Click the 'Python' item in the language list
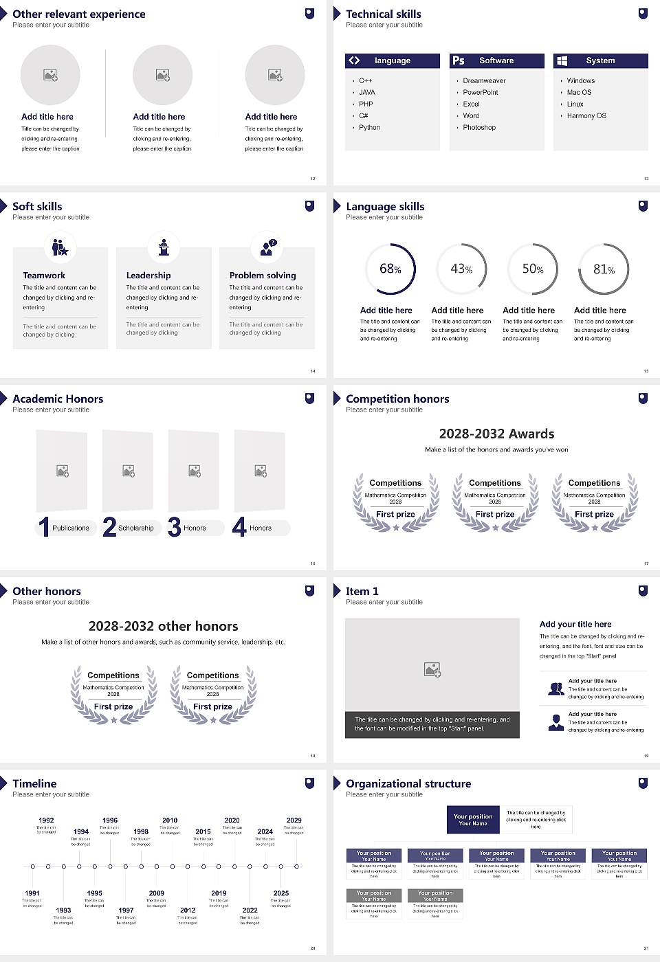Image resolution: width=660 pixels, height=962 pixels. click(369, 127)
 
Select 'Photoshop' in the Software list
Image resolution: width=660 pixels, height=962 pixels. click(479, 127)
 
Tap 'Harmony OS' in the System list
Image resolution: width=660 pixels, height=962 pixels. click(586, 115)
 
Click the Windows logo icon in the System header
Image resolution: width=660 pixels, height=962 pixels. click(562, 60)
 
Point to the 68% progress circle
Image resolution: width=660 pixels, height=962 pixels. click(390, 269)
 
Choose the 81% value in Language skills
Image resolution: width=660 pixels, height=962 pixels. click(604, 269)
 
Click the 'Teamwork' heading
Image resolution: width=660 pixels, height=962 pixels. click(44, 275)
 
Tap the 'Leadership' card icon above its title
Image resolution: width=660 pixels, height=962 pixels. click(164, 247)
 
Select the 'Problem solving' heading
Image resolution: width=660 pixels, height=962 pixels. click(263, 275)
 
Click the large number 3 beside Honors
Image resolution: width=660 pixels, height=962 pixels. click(174, 527)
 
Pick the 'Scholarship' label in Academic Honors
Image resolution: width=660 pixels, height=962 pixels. click(135, 528)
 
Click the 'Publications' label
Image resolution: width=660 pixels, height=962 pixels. click(71, 528)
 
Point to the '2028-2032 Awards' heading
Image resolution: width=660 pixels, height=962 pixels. click(496, 434)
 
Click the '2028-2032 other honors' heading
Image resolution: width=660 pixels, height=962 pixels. click(163, 626)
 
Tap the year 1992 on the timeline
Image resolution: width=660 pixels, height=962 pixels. click(46, 820)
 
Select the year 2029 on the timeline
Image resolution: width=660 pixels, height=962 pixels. click(294, 820)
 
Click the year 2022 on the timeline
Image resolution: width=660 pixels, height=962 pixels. click(250, 910)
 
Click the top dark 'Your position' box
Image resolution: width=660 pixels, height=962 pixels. click(473, 820)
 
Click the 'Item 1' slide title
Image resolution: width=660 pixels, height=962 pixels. click(362, 591)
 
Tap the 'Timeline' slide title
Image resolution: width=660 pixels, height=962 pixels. click(34, 783)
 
